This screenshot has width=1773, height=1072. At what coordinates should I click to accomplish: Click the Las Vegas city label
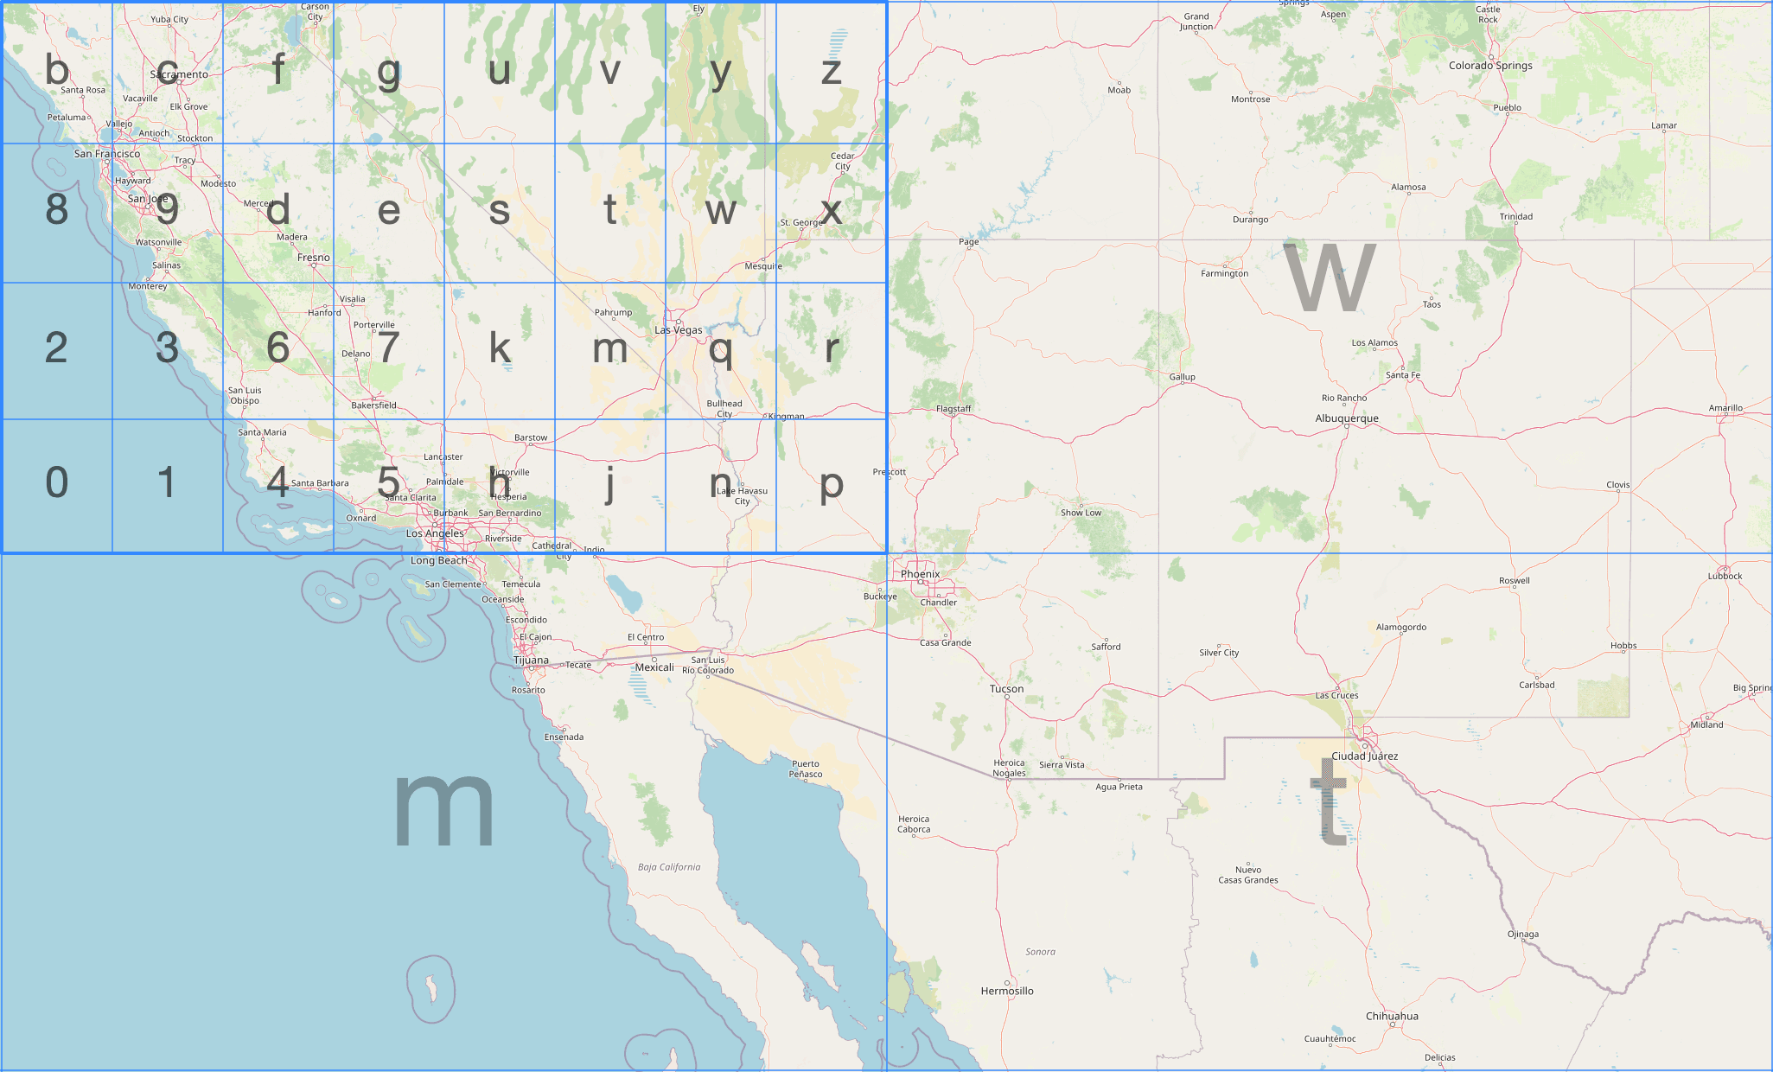click(678, 330)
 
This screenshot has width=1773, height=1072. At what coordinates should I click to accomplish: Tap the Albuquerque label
click(1347, 418)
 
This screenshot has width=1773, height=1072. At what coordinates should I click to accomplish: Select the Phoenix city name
click(920, 574)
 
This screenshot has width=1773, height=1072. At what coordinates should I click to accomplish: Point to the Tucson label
click(1006, 689)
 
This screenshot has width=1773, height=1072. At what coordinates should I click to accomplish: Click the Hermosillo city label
click(1007, 991)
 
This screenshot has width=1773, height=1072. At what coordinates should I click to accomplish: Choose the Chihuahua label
click(1392, 1016)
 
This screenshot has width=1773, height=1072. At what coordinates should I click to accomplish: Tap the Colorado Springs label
click(1490, 66)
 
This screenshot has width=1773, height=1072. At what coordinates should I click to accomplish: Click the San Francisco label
click(106, 154)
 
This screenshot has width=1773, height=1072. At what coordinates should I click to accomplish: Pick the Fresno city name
click(313, 258)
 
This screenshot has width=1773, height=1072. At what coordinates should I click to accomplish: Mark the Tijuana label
click(531, 660)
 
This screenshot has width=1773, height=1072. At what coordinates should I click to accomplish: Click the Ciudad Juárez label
click(1364, 756)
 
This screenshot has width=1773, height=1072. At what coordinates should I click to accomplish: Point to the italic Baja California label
click(669, 867)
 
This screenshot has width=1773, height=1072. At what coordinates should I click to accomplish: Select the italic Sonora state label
click(1040, 952)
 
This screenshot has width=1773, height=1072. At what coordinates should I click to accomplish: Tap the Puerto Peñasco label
click(806, 769)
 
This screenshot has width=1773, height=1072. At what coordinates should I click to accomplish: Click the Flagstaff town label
click(953, 409)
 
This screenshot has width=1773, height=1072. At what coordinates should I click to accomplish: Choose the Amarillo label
click(1725, 408)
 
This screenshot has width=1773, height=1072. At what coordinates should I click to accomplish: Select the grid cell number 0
click(56, 482)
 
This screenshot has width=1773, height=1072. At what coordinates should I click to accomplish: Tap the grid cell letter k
click(500, 348)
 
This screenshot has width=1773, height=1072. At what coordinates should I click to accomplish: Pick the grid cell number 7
click(389, 348)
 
